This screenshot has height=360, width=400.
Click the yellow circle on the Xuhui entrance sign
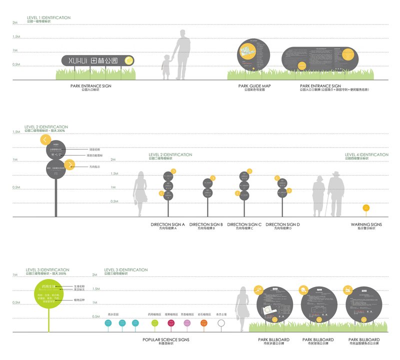(128, 60)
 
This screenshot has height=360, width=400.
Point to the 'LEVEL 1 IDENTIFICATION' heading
(48, 17)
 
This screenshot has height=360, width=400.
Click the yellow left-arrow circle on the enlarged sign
(45, 140)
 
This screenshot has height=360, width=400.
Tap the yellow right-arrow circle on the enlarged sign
(70, 163)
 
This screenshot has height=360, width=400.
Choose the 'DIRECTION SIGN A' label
(167, 225)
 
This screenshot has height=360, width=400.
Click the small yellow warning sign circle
(366, 207)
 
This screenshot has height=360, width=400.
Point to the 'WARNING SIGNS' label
(366, 225)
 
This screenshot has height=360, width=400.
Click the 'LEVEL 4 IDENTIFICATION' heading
(366, 155)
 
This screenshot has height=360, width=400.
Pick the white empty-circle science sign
(221, 323)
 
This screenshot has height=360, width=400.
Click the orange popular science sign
(203, 323)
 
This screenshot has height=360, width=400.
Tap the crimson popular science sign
(170, 323)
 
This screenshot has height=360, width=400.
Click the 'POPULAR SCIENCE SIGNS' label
(165, 340)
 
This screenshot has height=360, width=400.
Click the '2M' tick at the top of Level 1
(15, 23)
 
